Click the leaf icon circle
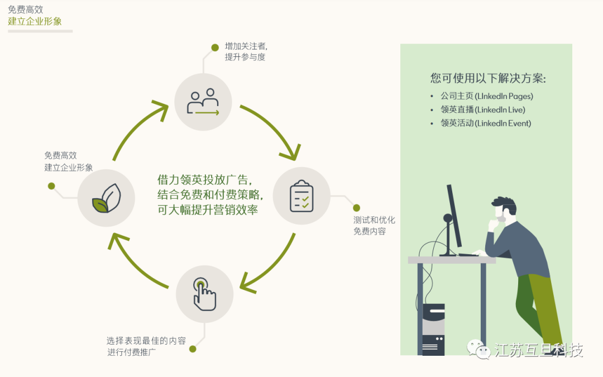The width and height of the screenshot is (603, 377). click(x=106, y=198)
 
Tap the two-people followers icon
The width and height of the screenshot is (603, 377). click(x=203, y=102)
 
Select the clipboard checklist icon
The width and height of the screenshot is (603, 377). click(x=301, y=196)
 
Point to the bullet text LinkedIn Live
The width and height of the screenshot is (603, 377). click(x=482, y=109)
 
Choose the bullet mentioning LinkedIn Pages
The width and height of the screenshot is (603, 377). click(x=486, y=96)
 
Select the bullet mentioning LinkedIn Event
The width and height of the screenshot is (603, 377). click(x=485, y=123)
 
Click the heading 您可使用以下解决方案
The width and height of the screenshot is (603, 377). click(x=487, y=78)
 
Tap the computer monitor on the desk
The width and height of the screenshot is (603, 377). click(x=454, y=215)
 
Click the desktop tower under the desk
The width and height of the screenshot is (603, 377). click(x=433, y=330)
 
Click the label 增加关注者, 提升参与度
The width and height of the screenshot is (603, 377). click(x=246, y=52)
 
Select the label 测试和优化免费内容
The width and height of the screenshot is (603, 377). click(x=374, y=226)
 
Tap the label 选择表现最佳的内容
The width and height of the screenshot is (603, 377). click(x=146, y=341)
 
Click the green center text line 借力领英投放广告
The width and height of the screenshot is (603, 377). click(x=205, y=180)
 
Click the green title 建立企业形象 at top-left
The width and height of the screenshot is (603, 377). click(x=35, y=21)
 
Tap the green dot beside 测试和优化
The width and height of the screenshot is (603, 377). click(x=356, y=208)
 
